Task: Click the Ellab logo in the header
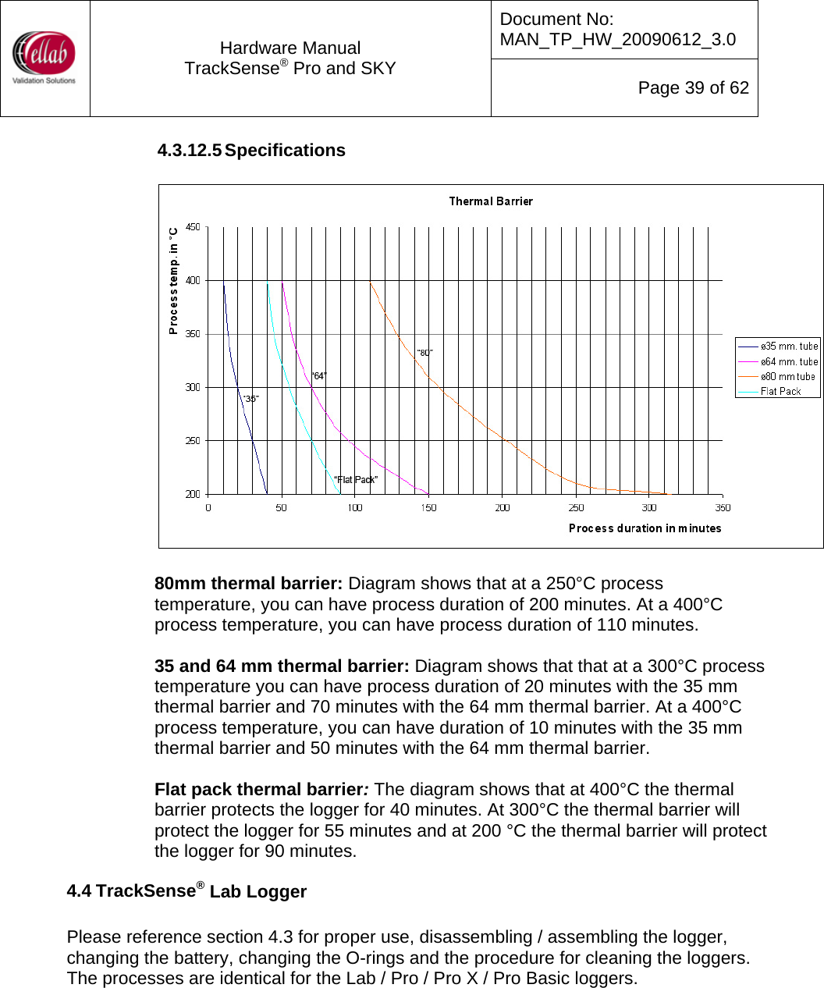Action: click(x=44, y=57)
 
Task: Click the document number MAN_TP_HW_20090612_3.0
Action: click(x=617, y=40)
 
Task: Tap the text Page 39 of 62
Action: click(x=693, y=88)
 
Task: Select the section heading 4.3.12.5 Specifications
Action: click(x=251, y=151)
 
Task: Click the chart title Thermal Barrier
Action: click(x=491, y=201)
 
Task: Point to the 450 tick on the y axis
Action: click(x=192, y=227)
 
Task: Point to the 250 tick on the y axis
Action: click(x=192, y=441)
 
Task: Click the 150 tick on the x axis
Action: click(x=428, y=508)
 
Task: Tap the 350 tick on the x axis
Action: click(x=723, y=508)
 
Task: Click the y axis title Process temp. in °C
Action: click(x=173, y=281)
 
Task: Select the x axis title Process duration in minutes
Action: click(x=645, y=528)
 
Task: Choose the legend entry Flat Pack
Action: click(x=780, y=392)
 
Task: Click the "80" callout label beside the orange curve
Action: click(x=424, y=354)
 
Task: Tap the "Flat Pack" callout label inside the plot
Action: click(x=356, y=480)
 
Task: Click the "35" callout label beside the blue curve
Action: click(x=250, y=400)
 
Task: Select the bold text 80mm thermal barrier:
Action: click(x=248, y=584)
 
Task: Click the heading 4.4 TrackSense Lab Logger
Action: click(x=186, y=891)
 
